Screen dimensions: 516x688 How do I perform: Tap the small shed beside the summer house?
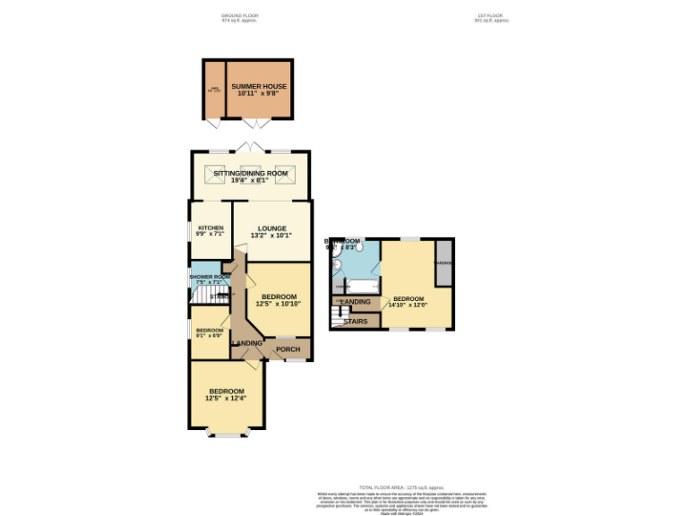[x=214, y=90]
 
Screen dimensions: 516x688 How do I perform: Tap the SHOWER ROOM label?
[x=210, y=277]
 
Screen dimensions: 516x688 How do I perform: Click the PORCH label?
[x=288, y=348]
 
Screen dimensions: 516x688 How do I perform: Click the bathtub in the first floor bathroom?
[x=354, y=287]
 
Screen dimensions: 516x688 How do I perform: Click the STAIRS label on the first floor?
[x=355, y=321]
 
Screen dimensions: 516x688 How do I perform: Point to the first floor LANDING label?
[x=355, y=301]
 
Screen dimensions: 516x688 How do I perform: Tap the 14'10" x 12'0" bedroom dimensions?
[x=408, y=305]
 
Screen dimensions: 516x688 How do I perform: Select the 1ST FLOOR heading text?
[x=492, y=16]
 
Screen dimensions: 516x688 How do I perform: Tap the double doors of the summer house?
[x=255, y=123]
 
